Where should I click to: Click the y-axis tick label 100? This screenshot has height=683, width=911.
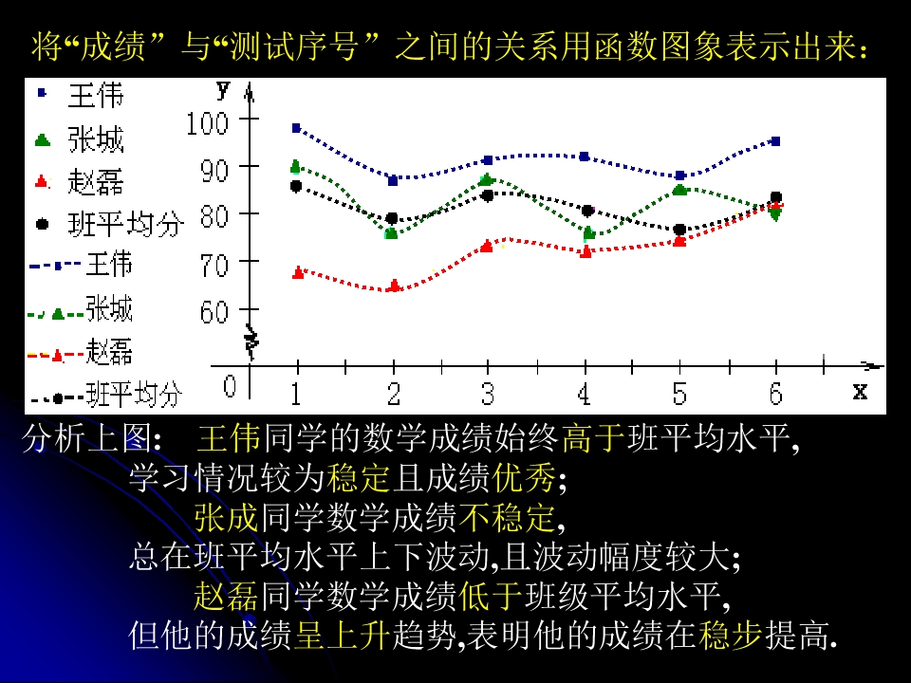coord(208,122)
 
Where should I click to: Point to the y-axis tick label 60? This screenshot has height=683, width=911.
coord(214,311)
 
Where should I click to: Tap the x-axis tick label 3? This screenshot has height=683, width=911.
coord(488,392)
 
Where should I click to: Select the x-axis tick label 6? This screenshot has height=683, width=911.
coord(775,392)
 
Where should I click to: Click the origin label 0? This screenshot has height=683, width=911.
coord(230,387)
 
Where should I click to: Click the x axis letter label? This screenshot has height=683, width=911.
coord(860,390)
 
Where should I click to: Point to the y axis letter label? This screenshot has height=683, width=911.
coord(223,90)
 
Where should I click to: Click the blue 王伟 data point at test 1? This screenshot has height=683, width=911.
coord(296,128)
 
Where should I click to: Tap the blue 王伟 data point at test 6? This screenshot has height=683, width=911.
coord(775,141)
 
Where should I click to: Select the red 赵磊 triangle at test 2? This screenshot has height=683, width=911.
coord(394,285)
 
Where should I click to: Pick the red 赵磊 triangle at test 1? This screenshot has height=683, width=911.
coord(298,272)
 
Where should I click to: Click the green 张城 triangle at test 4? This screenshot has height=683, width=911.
coord(588,232)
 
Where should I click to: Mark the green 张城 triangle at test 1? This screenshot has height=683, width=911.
coord(295,166)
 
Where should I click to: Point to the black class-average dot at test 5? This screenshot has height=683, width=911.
coord(679,230)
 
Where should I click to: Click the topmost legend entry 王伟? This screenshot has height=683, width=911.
coord(95,95)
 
